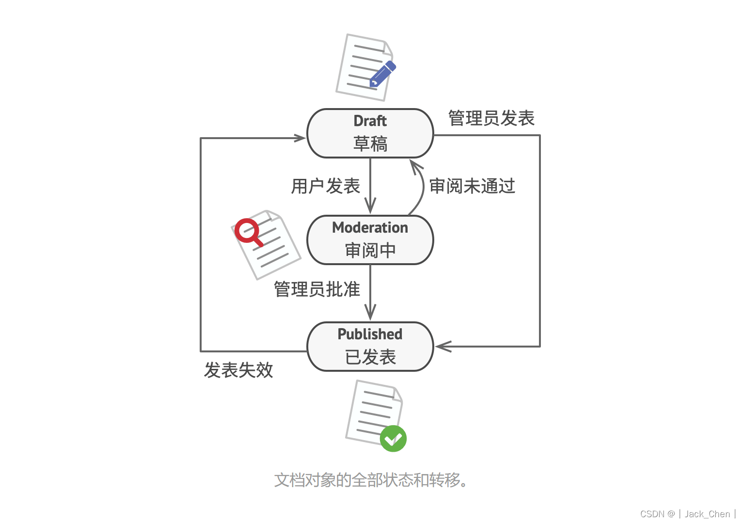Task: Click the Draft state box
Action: (x=370, y=133)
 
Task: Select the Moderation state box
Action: (x=370, y=239)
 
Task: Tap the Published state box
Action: (x=370, y=346)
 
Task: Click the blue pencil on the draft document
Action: (x=382, y=74)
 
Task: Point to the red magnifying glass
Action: (x=247, y=231)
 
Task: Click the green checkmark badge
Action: (x=393, y=439)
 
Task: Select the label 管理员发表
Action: (x=491, y=118)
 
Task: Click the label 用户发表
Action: (x=325, y=186)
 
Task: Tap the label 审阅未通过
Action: (x=472, y=186)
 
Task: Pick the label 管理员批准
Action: (x=317, y=289)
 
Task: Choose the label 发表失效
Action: (x=238, y=370)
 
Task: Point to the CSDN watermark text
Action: (x=687, y=514)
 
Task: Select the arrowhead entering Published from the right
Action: (x=442, y=347)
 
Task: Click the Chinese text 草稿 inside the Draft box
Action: (x=370, y=144)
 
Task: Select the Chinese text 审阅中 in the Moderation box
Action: (x=370, y=251)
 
